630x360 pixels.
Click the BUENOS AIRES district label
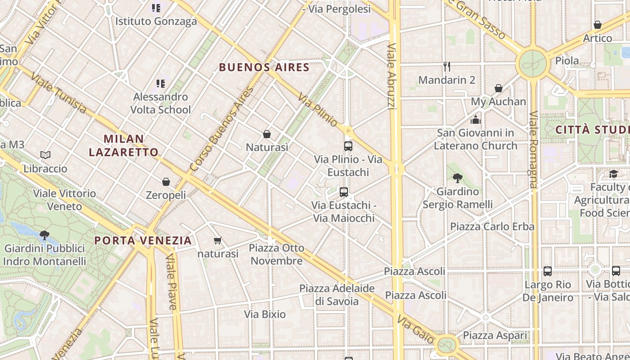point(264,67)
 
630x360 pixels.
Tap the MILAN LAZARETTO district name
point(123,145)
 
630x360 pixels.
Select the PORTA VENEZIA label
point(143,240)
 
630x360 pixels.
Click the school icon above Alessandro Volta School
point(160,83)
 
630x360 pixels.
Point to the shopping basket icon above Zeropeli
point(166,182)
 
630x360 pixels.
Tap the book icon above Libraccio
point(45,155)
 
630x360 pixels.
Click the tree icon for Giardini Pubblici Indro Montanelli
point(44,234)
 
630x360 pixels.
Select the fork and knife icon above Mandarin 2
point(446,67)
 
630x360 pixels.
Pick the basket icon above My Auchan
point(499,88)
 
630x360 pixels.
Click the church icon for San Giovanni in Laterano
point(476,120)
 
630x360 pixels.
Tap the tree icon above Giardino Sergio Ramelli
point(458,178)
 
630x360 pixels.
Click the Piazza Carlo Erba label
point(492,226)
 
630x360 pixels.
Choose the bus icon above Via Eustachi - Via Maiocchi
point(344,192)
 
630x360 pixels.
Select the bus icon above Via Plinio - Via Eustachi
point(348,146)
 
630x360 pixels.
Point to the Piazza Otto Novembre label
point(276,254)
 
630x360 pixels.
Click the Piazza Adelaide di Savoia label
point(337,295)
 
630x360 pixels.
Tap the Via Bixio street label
point(265,314)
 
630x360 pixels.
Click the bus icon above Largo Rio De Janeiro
point(547,271)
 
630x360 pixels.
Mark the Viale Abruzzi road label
point(392,76)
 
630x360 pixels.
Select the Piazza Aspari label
point(495,335)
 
